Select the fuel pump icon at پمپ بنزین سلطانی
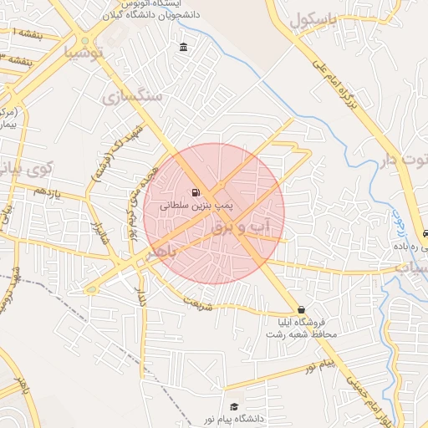[x=196, y=191]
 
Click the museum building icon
[x=183, y=48]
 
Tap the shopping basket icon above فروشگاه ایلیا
[x=300, y=309]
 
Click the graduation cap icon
[x=235, y=405]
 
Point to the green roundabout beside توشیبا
[x=84, y=41]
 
